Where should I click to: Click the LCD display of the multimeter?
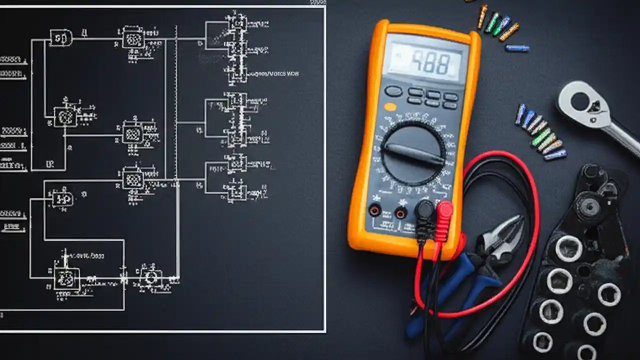pos(425,62)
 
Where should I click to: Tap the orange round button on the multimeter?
pos(390,106)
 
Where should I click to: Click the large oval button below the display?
pos(393,91)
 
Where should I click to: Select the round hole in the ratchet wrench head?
pos(580,101)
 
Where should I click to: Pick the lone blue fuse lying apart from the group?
pos(517,48)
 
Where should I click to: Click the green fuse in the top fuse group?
pos(492,22)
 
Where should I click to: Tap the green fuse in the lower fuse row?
pos(541,137)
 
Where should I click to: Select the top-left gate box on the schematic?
pos(61,37)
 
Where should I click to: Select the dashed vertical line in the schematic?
pos(176,100)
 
